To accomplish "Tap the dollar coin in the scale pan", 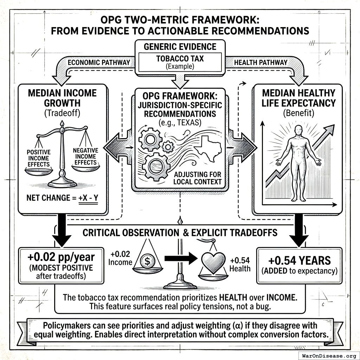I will click(146, 261).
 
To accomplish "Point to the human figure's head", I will click(298, 129).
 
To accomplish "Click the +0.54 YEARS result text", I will click(300, 261).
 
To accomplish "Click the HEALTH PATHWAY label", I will click(260, 62).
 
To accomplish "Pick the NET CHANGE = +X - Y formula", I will click(63, 198).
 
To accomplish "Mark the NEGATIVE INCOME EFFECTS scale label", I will click(85, 156).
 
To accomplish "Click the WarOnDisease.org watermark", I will click(329, 355).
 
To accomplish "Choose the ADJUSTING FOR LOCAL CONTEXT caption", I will click(197, 178).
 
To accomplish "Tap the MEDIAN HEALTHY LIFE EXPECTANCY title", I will click(298, 98).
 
